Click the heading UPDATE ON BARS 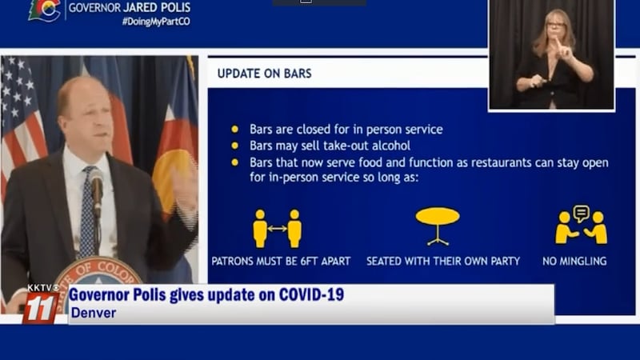pos(264,74)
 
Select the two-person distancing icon pos(277,228)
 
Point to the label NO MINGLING pos(574,261)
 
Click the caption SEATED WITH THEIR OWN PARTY pos(443,261)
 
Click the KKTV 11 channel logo pos(40,305)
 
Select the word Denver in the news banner pos(93,312)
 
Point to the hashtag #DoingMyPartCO pos(156,22)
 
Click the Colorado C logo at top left pos(44,10)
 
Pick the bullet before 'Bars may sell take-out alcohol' pos(234,146)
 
